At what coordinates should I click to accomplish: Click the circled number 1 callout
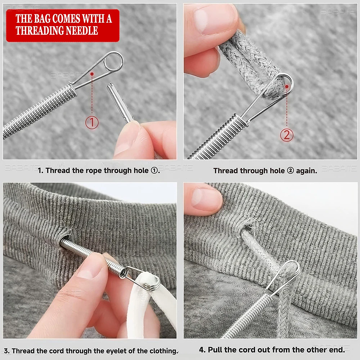coord(92,123)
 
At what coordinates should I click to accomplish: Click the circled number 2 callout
coord(287,135)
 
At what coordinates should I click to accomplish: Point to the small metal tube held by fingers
coord(119,102)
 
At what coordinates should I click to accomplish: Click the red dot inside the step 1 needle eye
coord(92,74)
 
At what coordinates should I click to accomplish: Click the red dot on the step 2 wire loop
coord(287,87)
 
